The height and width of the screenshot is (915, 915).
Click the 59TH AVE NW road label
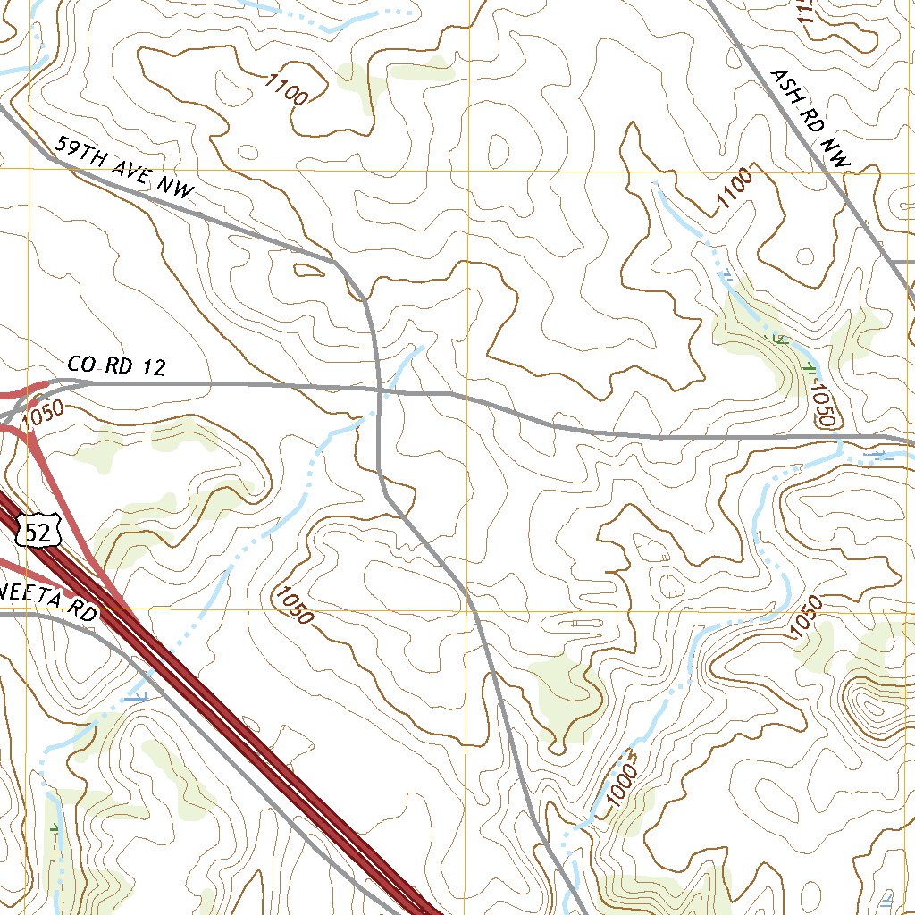pos(123,167)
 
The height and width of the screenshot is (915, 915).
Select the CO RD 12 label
pos(116,366)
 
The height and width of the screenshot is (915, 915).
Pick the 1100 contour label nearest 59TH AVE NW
pos(287,89)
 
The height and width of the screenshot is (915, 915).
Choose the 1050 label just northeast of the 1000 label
pos(805,617)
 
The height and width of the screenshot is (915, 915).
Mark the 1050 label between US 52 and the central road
pos(294,605)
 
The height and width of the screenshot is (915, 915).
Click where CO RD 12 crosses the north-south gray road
pos(380,389)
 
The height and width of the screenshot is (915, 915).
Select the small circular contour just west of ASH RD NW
pos(805,256)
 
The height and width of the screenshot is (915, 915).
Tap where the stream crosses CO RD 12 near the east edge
pos(840,439)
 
